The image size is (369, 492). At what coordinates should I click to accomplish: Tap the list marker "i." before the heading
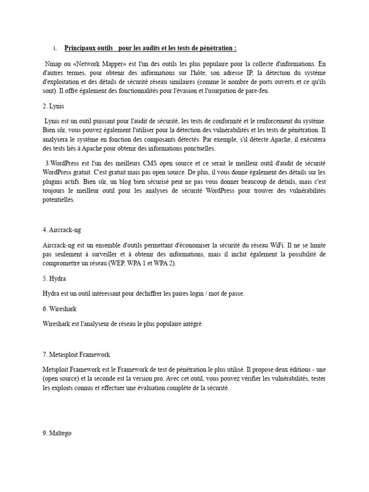coord(55,49)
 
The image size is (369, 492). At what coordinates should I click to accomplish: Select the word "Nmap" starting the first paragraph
coord(52,63)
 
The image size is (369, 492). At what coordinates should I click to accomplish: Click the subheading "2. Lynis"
coord(53,106)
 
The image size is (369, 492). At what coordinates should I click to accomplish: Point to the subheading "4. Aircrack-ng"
coord(65,230)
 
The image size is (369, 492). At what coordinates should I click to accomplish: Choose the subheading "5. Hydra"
coord(54,279)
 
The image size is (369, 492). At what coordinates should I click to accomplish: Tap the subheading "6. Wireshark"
coord(60,308)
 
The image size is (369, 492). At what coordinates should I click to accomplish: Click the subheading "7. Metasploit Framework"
coord(76,355)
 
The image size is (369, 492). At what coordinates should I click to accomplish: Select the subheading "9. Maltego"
coord(57,433)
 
